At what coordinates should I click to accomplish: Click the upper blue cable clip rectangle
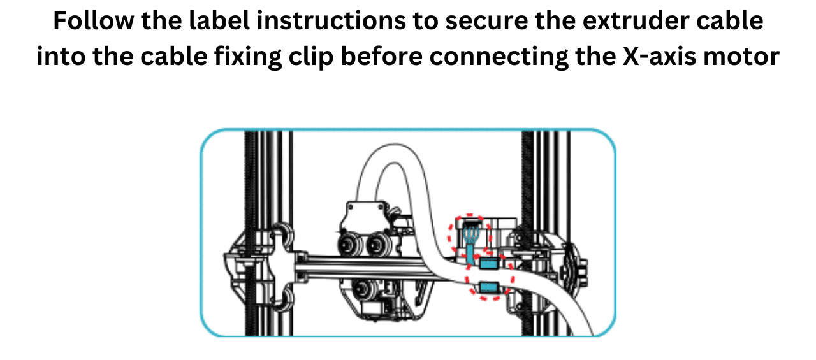pos(488,263)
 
